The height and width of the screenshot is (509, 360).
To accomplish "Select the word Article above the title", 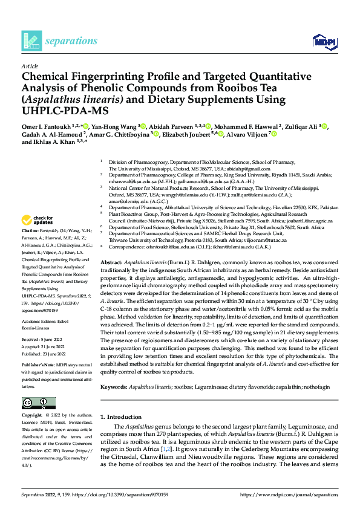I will tap(29, 65).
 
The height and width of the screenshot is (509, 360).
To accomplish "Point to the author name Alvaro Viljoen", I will tap(246, 134).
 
